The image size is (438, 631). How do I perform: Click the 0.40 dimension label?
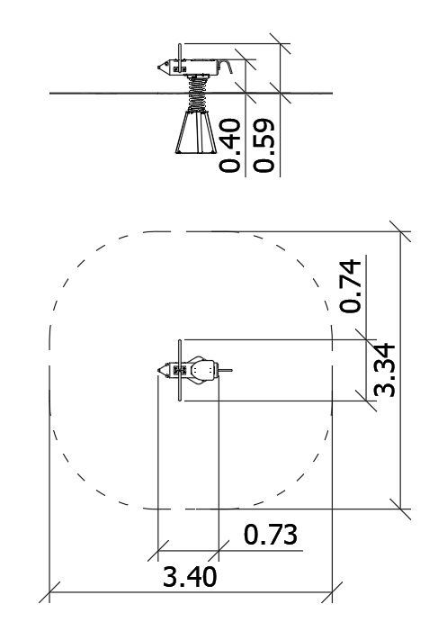(x=230, y=145)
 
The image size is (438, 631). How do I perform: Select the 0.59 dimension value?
(x=264, y=145)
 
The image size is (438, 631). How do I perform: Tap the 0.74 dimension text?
(x=351, y=286)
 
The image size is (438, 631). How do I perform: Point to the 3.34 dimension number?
(x=385, y=370)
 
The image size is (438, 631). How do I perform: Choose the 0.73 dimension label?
(x=271, y=535)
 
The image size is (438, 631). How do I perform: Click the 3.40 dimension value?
(x=190, y=576)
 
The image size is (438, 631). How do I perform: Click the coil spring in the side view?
(x=197, y=95)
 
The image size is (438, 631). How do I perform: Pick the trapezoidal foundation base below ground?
(x=196, y=132)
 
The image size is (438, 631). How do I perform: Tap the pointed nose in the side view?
(x=163, y=68)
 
